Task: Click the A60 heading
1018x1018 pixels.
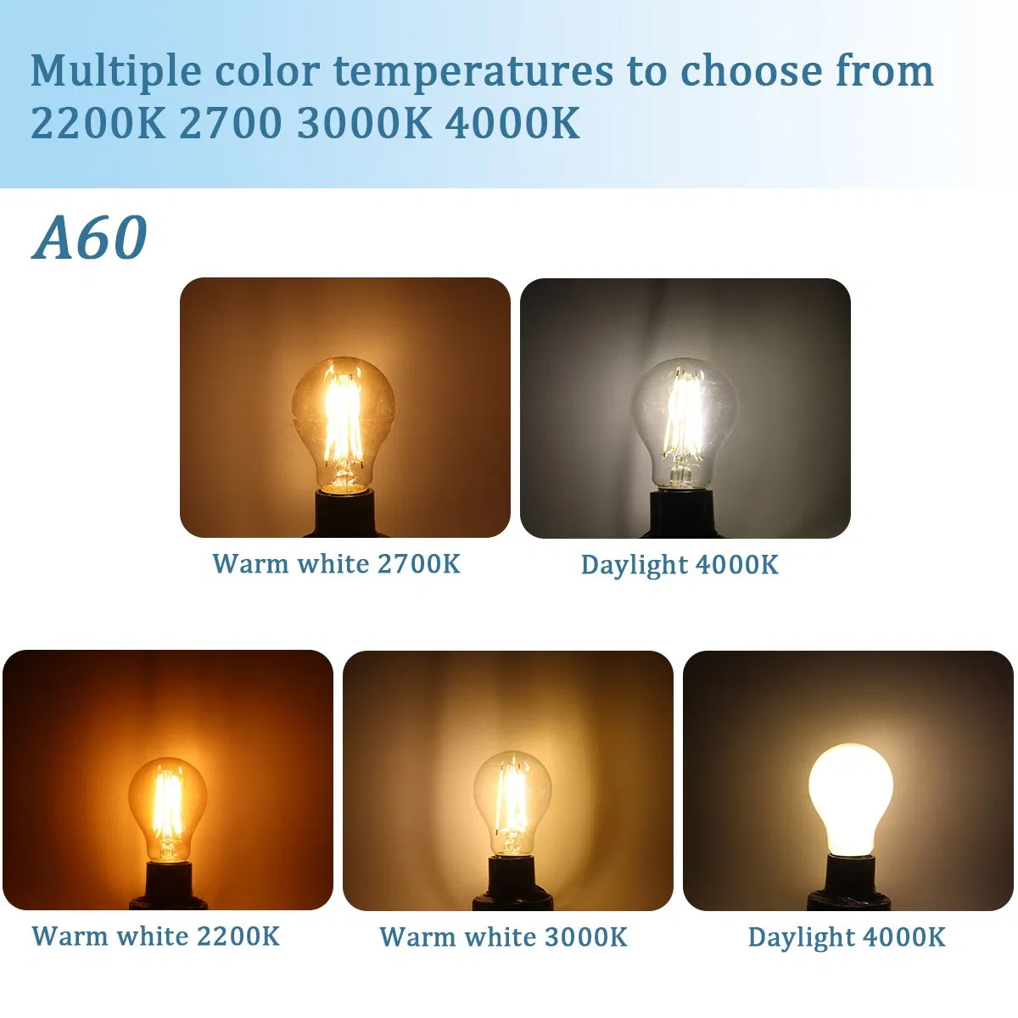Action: pos(90,238)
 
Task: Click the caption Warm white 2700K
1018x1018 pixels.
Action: pos(336,564)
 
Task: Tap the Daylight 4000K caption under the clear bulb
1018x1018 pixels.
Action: pos(680,565)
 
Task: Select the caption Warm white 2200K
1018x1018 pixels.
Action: pos(155,937)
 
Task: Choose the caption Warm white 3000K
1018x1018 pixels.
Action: pos(503,937)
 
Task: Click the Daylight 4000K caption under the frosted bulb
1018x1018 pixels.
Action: pos(847,937)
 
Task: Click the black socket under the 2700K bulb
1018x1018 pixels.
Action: pos(344,512)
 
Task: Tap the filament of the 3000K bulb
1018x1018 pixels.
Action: pos(512,802)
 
